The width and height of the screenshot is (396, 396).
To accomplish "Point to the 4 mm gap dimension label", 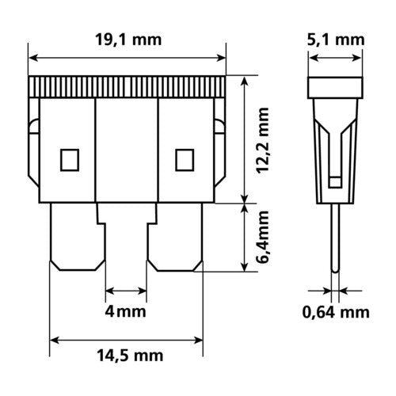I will [126, 311].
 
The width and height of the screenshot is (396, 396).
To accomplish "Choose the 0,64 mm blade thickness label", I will [336, 311].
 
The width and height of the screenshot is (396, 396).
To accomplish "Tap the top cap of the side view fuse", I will [336, 87].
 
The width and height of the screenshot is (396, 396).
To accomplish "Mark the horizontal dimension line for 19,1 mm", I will [128, 57].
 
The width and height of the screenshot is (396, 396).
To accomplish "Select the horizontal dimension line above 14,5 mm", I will [126, 342].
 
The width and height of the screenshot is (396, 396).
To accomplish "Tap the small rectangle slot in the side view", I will [336, 181].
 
